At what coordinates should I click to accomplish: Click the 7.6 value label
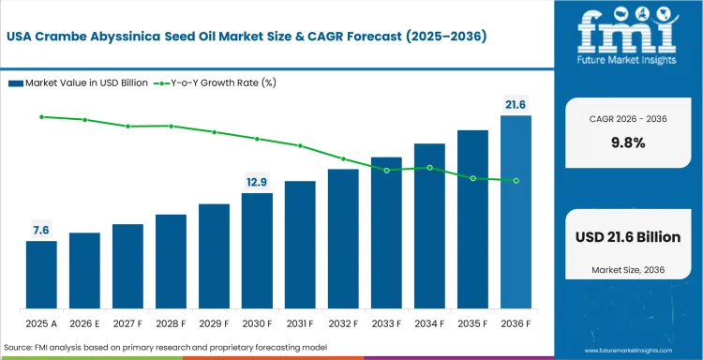[41, 229]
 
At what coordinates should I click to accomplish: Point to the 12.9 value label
[257, 181]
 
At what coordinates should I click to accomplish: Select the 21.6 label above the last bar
[516, 104]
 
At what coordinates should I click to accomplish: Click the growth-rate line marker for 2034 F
[429, 168]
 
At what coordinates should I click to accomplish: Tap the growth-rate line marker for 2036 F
[516, 180]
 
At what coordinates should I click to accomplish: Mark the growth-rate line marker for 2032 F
[343, 158]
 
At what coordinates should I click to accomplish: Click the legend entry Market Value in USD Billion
[79, 82]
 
